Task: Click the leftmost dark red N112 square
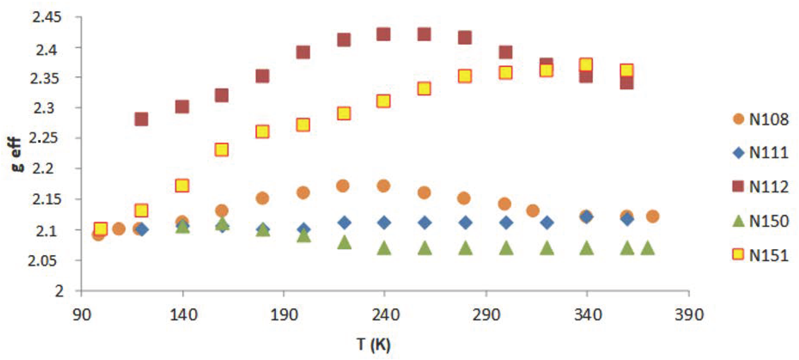pyautogui.click(x=141, y=119)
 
